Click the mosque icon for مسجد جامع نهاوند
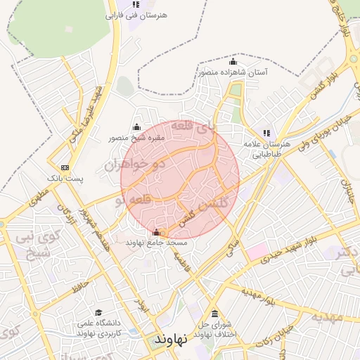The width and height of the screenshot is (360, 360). [156, 232]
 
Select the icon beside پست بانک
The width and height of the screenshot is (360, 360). [65, 167]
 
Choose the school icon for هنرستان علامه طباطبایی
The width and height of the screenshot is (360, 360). [266, 132]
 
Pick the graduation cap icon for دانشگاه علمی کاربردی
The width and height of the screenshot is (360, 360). [98, 313]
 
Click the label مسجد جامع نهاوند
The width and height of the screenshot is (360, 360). [156, 243]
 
